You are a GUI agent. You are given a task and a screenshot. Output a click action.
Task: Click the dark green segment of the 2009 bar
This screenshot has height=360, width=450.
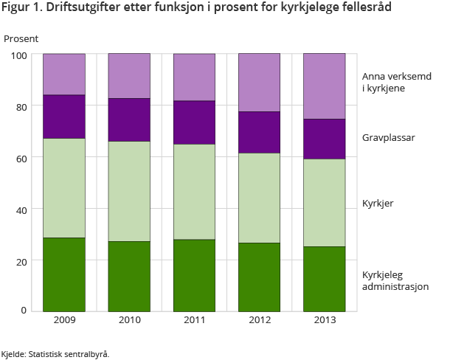click(x=64, y=274)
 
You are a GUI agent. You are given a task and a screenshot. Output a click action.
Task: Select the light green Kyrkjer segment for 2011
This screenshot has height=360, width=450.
click(x=194, y=192)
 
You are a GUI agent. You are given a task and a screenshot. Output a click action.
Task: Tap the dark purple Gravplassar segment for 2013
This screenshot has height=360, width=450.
click(x=325, y=139)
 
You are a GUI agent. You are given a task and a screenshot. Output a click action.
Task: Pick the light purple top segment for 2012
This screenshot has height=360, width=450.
click(x=260, y=83)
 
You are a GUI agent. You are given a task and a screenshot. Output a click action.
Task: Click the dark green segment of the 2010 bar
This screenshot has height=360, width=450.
click(x=129, y=275)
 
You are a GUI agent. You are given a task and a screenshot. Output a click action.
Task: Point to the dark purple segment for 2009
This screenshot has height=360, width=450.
click(x=64, y=117)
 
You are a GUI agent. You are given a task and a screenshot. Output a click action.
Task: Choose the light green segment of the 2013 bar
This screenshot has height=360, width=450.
click(x=325, y=203)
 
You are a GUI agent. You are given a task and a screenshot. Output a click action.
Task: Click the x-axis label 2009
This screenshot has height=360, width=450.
click(x=64, y=320)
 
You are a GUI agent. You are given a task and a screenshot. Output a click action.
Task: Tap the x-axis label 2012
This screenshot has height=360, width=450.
click(x=260, y=320)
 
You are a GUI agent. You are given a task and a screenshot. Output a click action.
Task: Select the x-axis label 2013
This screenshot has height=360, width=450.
click(x=325, y=320)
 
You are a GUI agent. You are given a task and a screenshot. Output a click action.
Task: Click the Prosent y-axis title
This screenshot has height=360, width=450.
click(x=21, y=38)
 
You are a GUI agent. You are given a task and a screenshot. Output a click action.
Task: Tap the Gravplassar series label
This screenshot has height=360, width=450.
click(x=387, y=138)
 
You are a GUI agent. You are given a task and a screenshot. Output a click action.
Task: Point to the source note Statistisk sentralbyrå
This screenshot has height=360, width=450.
click(x=68, y=353)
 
